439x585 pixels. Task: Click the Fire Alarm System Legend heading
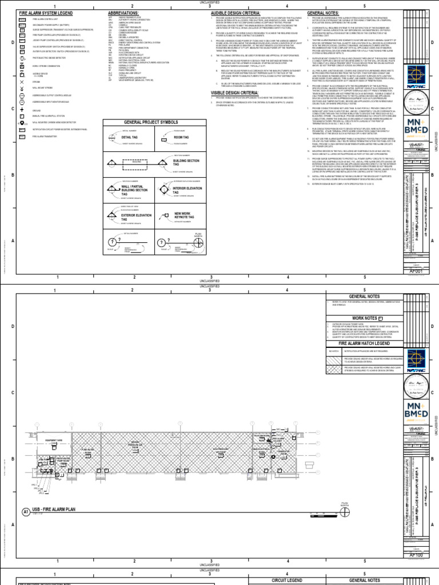tap(39, 13)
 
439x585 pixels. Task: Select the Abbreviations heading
tap(119, 13)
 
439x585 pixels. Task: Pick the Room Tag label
tap(182, 138)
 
